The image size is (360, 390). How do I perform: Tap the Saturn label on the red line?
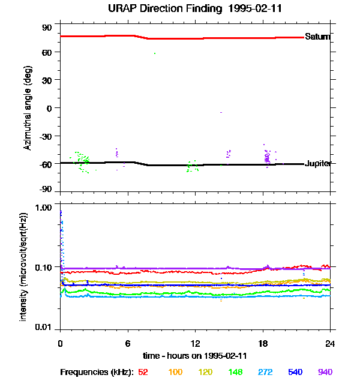click(x=317, y=37)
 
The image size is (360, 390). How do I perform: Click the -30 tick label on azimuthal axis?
click(x=45, y=136)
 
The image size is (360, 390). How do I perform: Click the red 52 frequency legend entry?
click(x=143, y=372)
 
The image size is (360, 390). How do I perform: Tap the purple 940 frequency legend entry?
click(x=325, y=372)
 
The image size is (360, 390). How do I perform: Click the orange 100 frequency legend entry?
click(x=175, y=372)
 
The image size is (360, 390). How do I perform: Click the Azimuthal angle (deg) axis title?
click(x=27, y=108)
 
